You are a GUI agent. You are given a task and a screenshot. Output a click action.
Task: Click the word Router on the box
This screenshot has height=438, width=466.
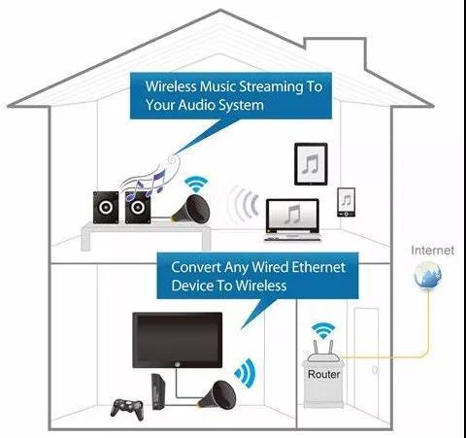click(x=323, y=374)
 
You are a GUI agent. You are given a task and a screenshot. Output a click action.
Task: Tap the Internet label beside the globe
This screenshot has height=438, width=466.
click(x=432, y=251)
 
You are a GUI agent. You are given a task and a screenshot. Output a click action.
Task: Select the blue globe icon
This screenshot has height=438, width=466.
click(x=428, y=275)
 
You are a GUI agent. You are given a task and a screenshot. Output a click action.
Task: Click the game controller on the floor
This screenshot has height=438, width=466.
click(x=127, y=409)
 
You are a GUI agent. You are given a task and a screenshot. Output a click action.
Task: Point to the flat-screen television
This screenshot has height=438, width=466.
click(x=178, y=340)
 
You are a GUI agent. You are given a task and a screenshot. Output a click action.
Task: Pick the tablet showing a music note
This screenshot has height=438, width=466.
click(x=311, y=164)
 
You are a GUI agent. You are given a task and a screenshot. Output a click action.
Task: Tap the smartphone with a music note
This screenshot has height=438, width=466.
click(x=347, y=202)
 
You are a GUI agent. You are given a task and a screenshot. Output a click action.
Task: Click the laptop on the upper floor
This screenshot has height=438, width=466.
click(x=292, y=220)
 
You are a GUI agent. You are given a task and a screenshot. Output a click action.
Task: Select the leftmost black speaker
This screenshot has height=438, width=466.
click(x=106, y=208)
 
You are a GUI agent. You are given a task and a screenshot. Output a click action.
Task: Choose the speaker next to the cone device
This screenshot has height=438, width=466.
click(x=138, y=207)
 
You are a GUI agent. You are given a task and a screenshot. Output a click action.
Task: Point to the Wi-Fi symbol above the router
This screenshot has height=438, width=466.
click(x=323, y=330)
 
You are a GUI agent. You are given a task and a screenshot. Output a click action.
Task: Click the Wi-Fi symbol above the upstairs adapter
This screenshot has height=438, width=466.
click(x=196, y=185)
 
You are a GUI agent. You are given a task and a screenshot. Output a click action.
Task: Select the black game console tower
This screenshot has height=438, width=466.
click(x=158, y=391)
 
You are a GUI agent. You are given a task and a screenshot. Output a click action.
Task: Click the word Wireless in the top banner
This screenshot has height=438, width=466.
click(x=171, y=86)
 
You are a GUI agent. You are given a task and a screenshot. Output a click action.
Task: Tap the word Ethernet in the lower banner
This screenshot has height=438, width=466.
click(x=318, y=267)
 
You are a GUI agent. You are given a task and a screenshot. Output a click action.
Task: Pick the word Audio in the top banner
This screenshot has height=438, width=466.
click(x=196, y=105)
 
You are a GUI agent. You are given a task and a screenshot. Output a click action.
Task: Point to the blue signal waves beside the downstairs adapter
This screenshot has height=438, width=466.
click(x=246, y=373)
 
